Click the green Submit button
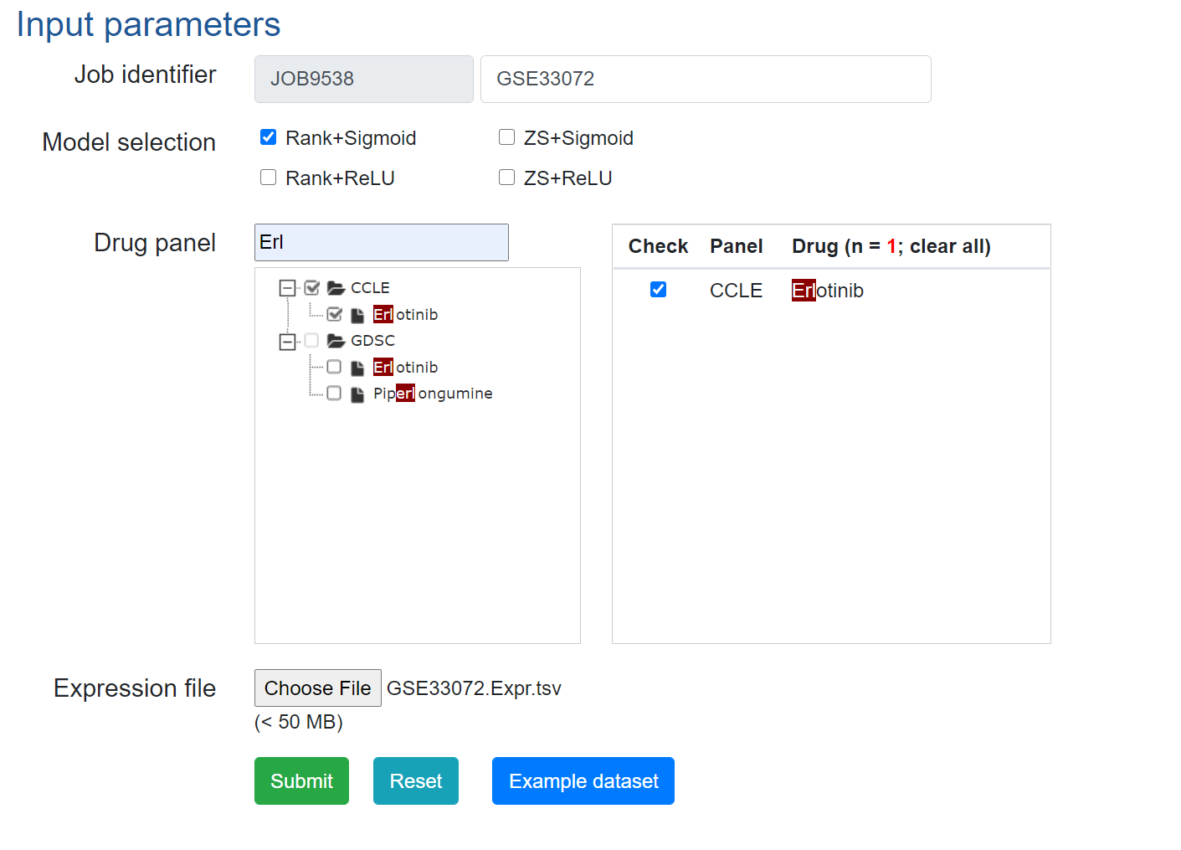tap(301, 780)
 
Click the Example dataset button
tap(583, 780)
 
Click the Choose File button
tap(317, 688)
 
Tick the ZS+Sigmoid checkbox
tap(506, 137)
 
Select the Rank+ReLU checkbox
tap(269, 178)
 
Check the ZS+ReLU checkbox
tap(506, 178)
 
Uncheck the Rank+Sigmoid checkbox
tap(269, 137)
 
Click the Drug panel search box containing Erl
tap(381, 242)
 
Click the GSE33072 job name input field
tap(705, 79)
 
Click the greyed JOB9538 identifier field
tap(363, 79)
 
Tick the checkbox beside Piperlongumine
tap(334, 394)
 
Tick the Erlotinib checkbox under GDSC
tap(334, 367)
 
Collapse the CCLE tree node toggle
tap(287, 288)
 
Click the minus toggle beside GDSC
tap(287, 341)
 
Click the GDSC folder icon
tap(336, 341)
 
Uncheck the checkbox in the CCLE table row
tap(659, 290)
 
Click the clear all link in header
tap(948, 246)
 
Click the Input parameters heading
tap(148, 24)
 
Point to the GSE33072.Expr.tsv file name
tap(474, 688)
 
